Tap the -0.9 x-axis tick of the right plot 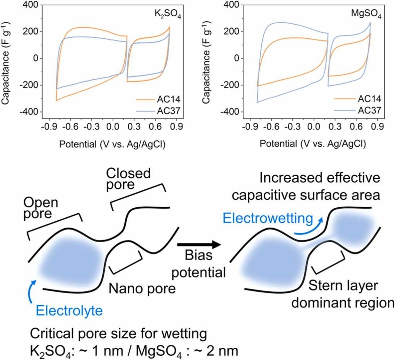pyautogui.click(x=248, y=127)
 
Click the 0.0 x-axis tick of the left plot pyautogui.click(x=112, y=127)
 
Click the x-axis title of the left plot pyautogui.click(x=112, y=144)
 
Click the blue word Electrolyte pyautogui.click(x=69, y=311)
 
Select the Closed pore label pyautogui.click(x=128, y=179)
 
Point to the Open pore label pyautogui.click(x=40, y=208)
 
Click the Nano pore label pyautogui.click(x=142, y=288)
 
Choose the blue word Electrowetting pyautogui.click(x=268, y=218)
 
